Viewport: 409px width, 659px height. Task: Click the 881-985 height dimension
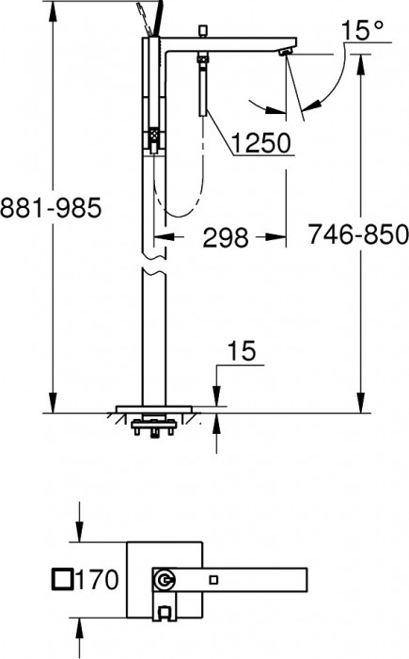point(50,209)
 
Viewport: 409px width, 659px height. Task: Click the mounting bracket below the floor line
point(151,426)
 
